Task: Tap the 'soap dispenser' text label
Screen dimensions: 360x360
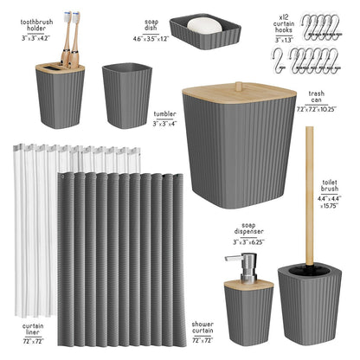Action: pos(247,233)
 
